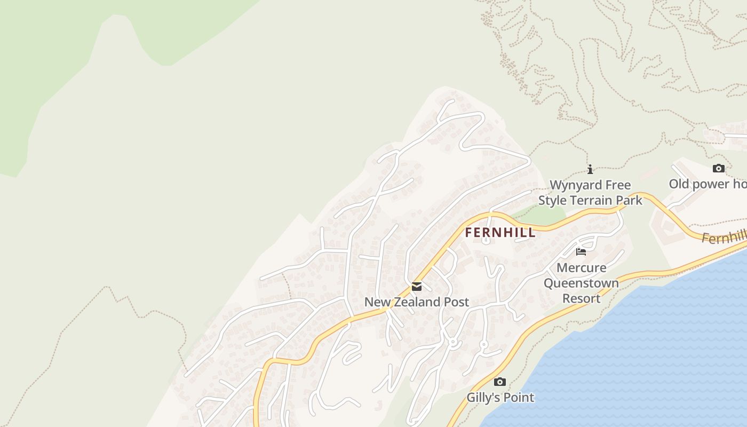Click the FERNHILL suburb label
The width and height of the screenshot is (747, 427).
pos(500,233)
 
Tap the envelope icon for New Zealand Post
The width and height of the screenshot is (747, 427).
pos(417,287)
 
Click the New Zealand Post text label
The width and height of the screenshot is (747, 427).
pos(417,302)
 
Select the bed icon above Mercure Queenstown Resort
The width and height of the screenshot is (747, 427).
pos(581,251)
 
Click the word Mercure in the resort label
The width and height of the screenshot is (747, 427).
pos(582,268)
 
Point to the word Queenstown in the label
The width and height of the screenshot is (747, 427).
pos(581,283)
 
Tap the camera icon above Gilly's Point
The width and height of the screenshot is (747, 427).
pos(500,382)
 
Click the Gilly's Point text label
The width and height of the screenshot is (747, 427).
pos(500,398)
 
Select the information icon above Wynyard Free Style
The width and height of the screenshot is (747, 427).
pos(590,170)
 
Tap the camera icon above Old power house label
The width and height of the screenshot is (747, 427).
pos(719,169)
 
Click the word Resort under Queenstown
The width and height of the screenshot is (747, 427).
pos(582,298)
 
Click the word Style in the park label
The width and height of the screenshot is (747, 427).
pos(552,201)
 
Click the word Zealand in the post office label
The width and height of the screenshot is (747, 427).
pos(417,302)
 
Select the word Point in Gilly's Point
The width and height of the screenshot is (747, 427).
pos(518,398)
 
